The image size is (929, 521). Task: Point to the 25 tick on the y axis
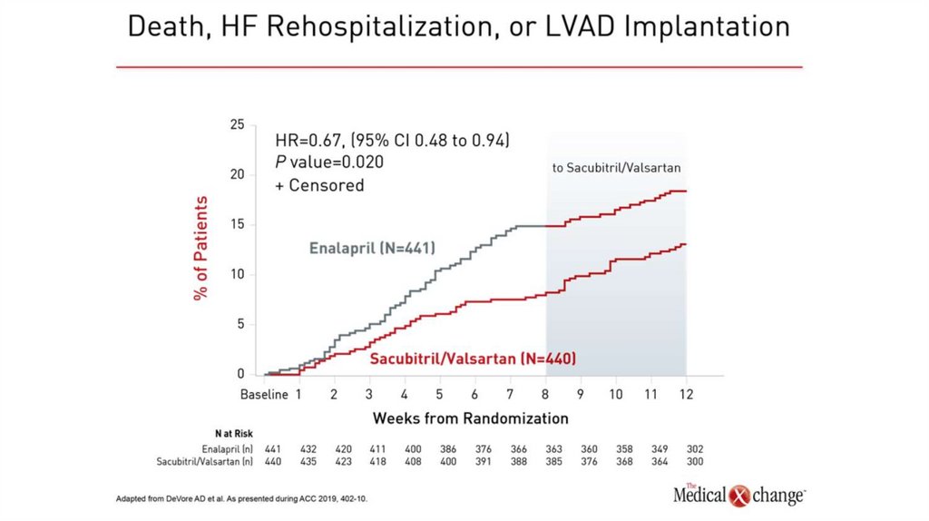click(237, 124)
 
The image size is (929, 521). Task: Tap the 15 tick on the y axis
click(237, 224)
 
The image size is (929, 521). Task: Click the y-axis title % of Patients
click(200, 248)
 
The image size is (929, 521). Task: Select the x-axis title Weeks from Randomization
click(470, 418)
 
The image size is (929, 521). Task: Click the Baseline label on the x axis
click(264, 395)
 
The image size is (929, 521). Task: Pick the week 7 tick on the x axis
click(509, 395)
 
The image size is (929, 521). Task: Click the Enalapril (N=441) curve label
click(372, 248)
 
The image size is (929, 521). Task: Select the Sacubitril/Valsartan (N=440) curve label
click(473, 359)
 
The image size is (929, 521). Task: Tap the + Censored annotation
click(319, 185)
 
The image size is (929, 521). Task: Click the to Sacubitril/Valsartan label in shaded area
click(616, 168)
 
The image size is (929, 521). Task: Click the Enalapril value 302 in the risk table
click(695, 449)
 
